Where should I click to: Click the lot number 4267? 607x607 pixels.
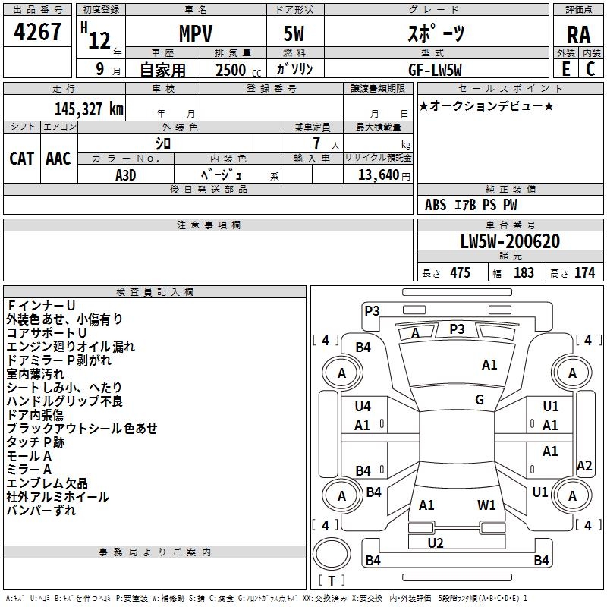point(37,33)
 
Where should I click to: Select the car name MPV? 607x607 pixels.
point(195,34)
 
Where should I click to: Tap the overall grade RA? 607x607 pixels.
point(578,34)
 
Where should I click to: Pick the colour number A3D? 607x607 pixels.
point(126,174)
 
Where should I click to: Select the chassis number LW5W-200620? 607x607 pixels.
point(510,241)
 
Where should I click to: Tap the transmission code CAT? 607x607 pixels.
point(21,158)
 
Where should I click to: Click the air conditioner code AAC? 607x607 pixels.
point(58,158)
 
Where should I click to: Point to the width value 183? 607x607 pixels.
point(524,272)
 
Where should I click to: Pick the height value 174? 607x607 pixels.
point(584,272)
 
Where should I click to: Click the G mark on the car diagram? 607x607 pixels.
point(480,399)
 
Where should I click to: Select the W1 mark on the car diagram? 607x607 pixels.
point(486,505)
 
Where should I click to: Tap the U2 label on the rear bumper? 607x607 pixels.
point(436,543)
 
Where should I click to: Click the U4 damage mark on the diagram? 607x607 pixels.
point(363,407)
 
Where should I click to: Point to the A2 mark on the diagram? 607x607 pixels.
point(584,466)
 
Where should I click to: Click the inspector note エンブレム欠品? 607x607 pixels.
point(46,483)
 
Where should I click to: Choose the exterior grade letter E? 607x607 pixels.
point(565,70)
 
